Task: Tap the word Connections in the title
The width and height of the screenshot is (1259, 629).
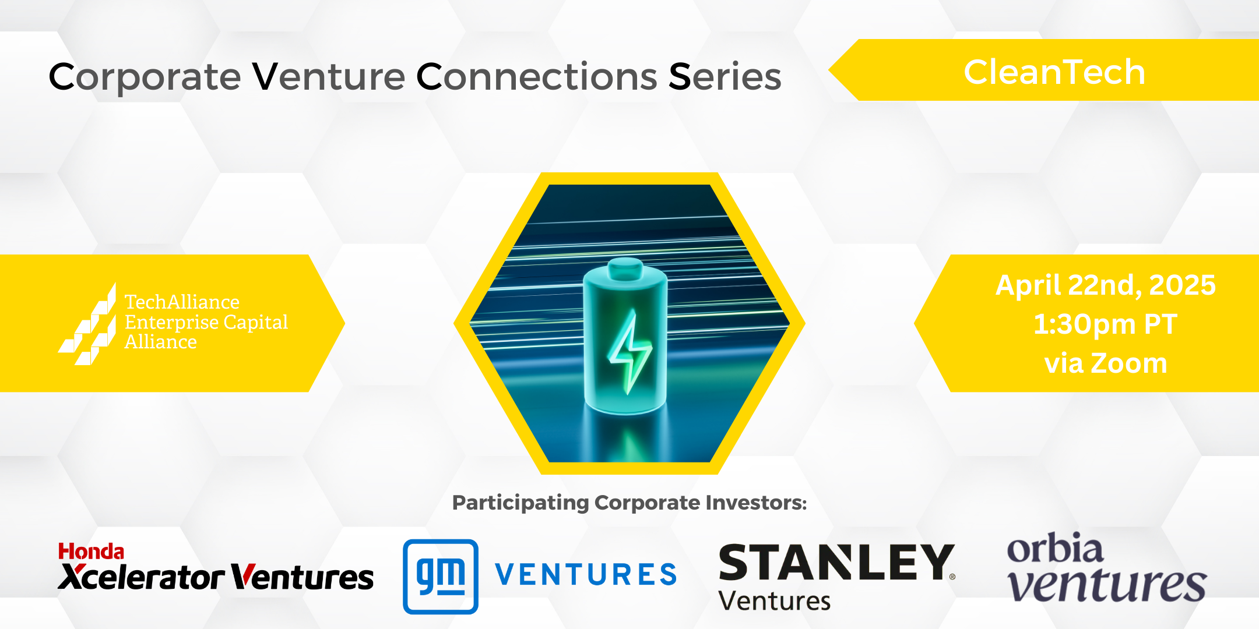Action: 536,77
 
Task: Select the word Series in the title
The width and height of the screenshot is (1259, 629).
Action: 725,77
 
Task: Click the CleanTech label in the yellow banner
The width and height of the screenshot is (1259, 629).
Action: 1054,72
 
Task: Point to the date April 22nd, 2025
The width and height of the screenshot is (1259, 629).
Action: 1106,286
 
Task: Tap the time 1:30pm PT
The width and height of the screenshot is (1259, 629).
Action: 1105,324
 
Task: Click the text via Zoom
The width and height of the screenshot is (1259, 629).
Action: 1106,363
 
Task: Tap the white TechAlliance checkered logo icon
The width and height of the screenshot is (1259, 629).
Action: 87,324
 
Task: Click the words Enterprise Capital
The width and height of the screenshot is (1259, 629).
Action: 206,322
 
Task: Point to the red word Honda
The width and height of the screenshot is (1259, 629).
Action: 91,552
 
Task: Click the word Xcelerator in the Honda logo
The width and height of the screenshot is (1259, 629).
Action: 141,578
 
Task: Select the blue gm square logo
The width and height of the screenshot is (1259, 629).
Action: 441,577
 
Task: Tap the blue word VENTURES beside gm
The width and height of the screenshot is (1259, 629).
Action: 586,575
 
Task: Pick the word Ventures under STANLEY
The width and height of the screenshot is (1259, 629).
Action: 775,601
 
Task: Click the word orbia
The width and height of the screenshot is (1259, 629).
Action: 1055,547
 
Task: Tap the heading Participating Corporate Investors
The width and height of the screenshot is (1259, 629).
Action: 629,503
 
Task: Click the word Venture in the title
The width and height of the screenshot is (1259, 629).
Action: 328,77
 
